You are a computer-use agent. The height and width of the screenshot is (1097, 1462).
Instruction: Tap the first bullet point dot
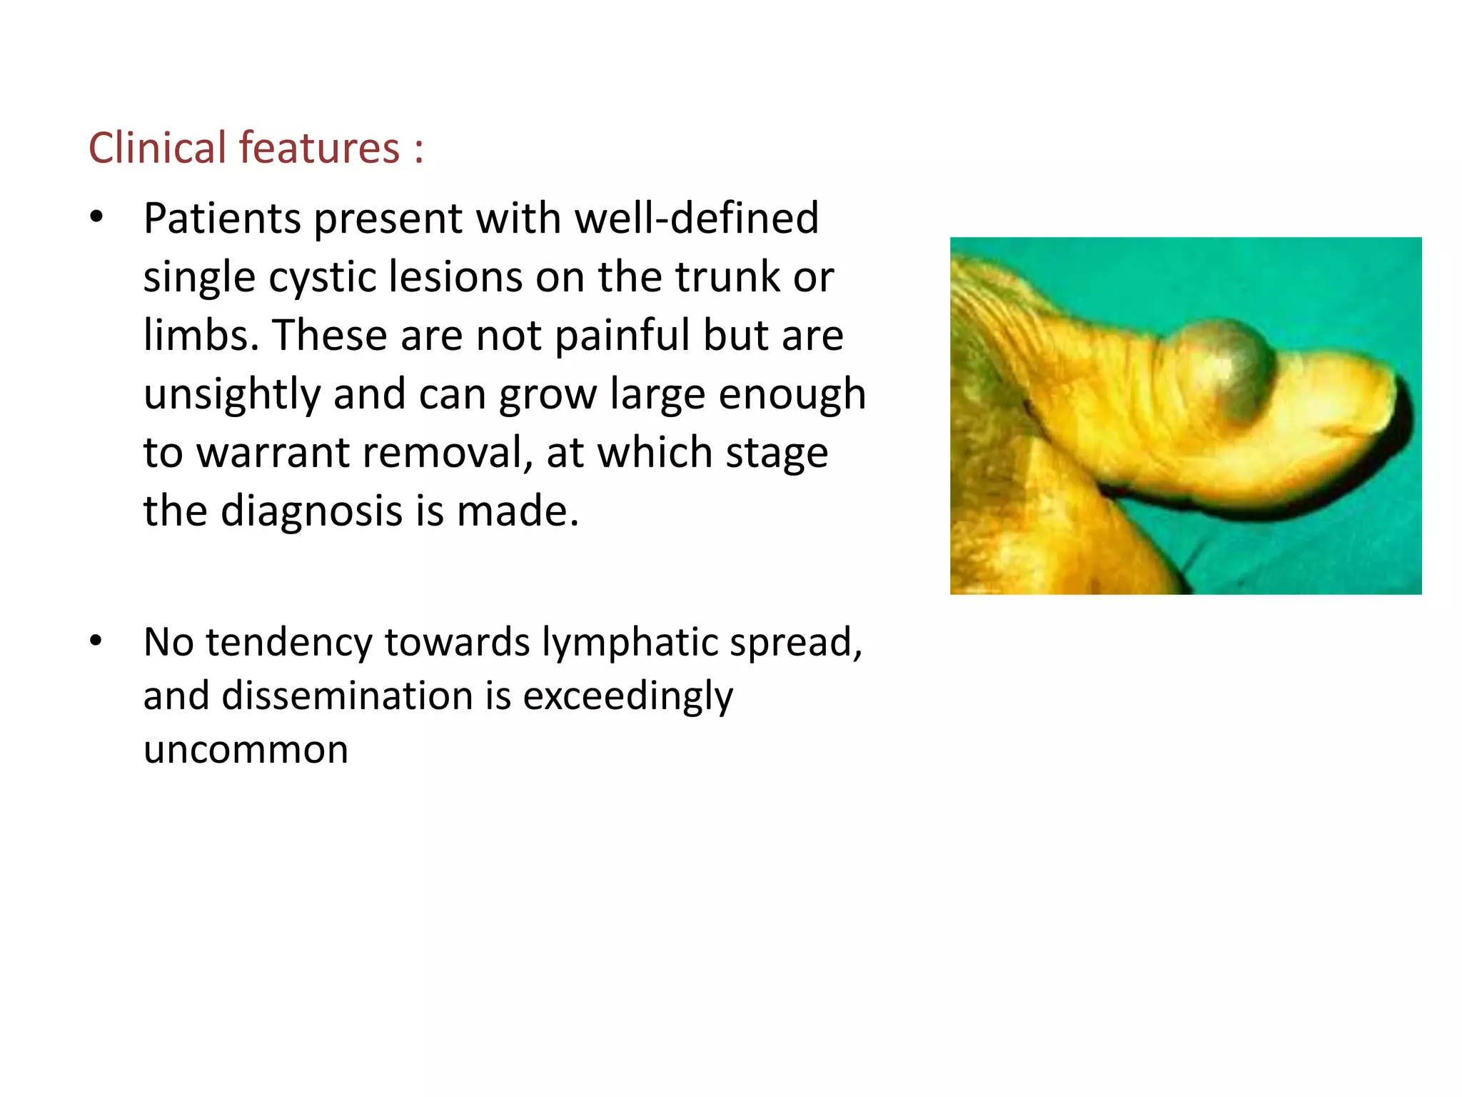96,216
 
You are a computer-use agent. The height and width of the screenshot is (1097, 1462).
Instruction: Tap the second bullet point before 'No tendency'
96,641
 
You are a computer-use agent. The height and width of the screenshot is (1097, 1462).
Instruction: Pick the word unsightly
232,394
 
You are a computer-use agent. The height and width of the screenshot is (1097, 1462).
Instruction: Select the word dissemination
347,696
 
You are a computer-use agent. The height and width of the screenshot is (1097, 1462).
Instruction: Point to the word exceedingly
627,697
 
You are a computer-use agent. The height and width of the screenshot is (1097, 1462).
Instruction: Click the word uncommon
246,750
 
